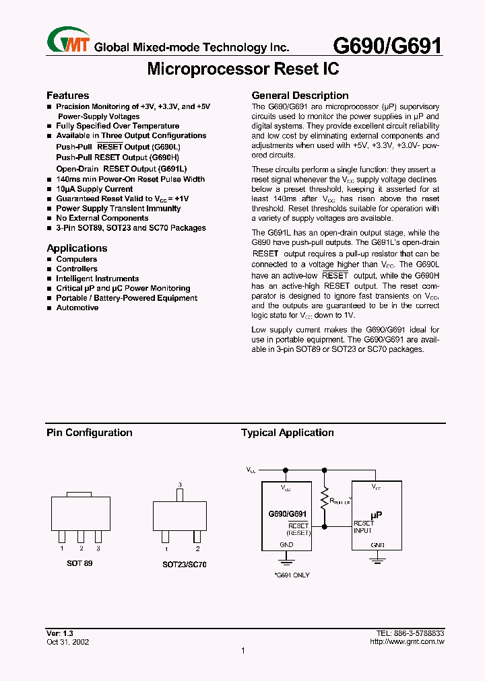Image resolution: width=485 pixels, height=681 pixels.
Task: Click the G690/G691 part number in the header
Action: tap(389, 45)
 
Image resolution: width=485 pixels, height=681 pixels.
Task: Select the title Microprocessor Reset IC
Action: tap(243, 69)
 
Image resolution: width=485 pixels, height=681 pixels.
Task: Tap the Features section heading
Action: tap(67, 96)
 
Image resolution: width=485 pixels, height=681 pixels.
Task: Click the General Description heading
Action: tap(300, 96)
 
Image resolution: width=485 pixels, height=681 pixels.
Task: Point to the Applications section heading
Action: tap(77, 248)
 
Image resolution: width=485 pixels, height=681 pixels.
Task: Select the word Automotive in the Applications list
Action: tap(77, 308)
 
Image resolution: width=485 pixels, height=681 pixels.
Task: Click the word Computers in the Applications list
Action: tap(77, 259)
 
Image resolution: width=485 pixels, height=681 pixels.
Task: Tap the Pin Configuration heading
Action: tap(89, 433)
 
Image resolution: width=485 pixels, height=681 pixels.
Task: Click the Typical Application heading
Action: tap(288, 433)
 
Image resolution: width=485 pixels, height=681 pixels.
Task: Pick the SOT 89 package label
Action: tap(79, 563)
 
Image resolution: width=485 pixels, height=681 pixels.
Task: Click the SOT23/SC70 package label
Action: tap(184, 565)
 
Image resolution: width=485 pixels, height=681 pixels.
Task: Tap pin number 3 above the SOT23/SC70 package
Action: tap(180, 485)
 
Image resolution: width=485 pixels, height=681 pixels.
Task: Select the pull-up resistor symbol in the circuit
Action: tap(325, 499)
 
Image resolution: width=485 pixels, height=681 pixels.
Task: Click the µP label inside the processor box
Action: tap(377, 513)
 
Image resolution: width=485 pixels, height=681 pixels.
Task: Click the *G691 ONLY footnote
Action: tap(292, 575)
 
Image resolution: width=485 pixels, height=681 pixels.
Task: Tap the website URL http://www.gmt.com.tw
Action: tap(407, 642)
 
